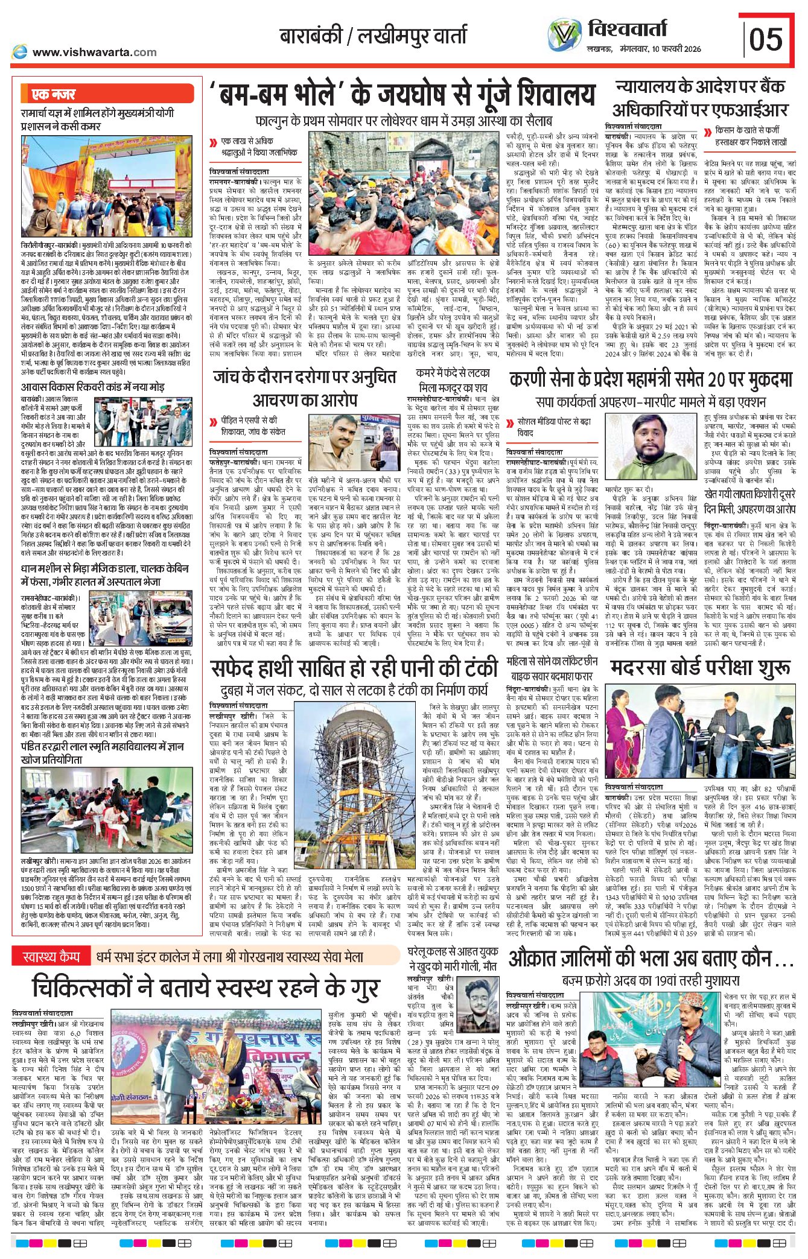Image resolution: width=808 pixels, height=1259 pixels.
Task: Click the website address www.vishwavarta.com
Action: (94, 52)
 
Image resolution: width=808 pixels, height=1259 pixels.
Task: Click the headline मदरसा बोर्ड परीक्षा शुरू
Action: (700, 668)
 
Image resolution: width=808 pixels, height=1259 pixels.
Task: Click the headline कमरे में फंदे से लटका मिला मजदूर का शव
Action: (453, 379)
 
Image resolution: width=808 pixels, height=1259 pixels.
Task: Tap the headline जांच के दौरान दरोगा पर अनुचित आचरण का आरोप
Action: (305, 388)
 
